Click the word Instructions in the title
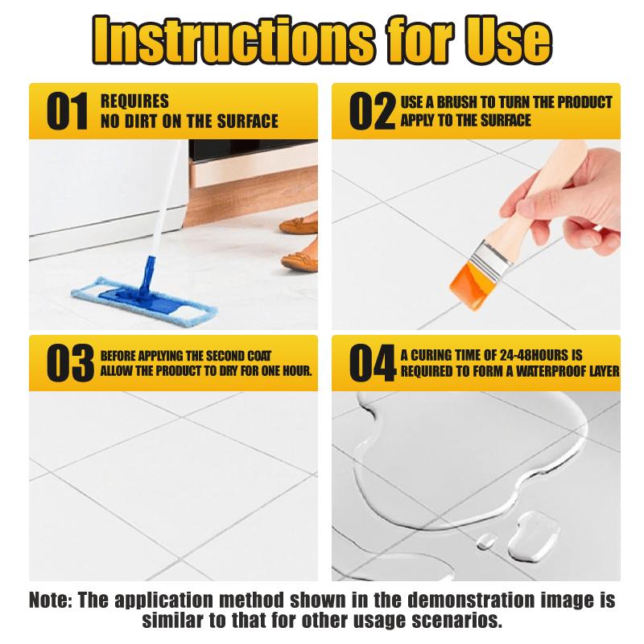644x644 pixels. tap(233, 39)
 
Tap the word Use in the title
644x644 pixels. tap(508, 39)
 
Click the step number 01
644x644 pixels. tap(67, 111)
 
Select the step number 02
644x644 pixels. tap(372, 111)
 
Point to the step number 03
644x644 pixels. tap(70, 363)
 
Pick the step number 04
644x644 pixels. tap(373, 363)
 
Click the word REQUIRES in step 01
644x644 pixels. tap(134, 101)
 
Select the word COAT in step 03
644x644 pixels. tap(259, 356)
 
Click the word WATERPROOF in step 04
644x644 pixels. tap(551, 371)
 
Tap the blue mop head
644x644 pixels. tap(144, 301)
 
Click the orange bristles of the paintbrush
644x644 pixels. tap(471, 286)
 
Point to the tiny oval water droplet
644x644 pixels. tap(486, 540)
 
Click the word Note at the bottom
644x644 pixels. tap(51, 600)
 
